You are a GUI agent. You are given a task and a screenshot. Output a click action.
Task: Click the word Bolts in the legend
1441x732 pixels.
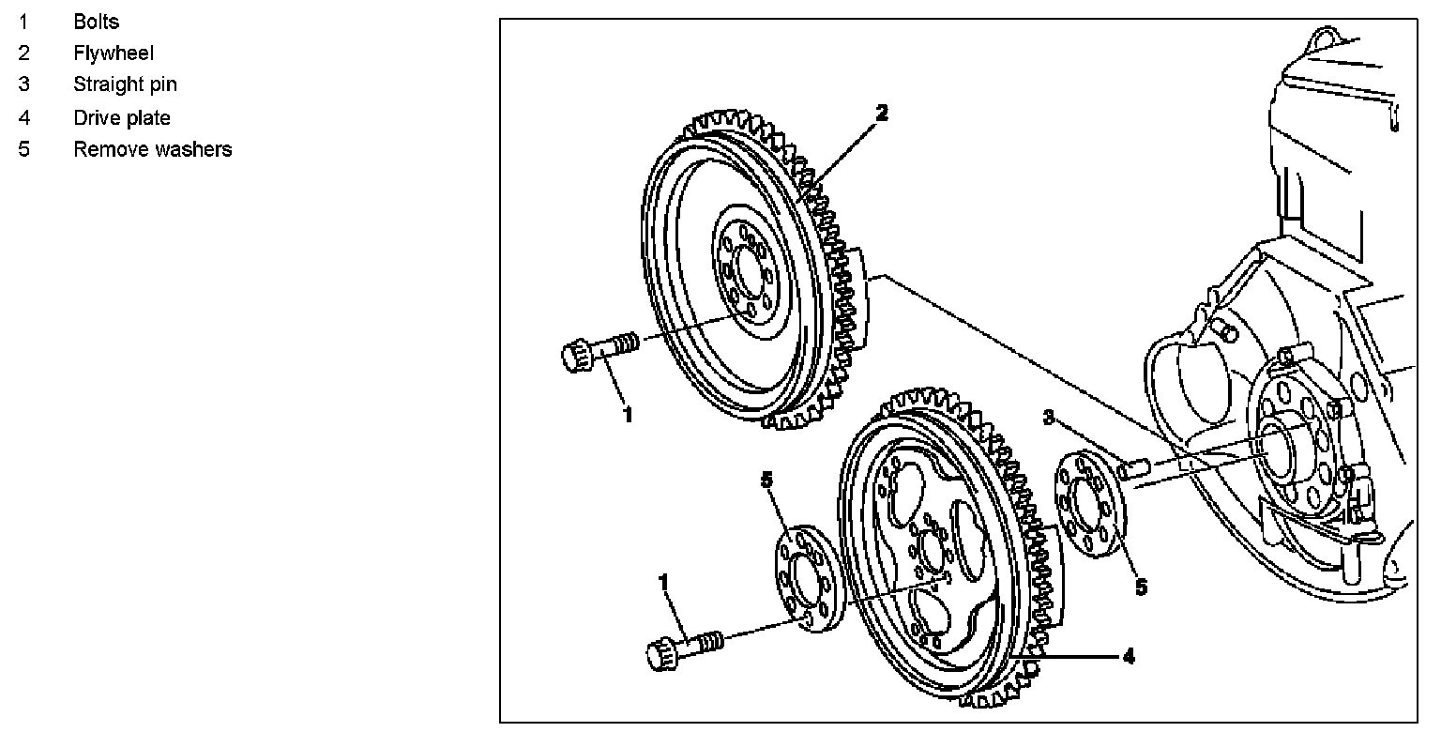pyautogui.click(x=97, y=22)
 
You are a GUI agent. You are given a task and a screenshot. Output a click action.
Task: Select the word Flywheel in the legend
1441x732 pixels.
pyautogui.click(x=114, y=53)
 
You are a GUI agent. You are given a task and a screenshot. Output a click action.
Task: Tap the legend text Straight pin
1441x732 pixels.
pyautogui.click(x=125, y=84)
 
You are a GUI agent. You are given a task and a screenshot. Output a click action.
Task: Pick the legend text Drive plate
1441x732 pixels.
pyautogui.click(x=122, y=118)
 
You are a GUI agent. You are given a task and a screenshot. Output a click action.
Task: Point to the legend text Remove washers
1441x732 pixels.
pyautogui.click(x=153, y=149)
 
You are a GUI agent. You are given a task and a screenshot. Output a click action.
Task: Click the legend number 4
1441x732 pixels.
pyautogui.click(x=23, y=118)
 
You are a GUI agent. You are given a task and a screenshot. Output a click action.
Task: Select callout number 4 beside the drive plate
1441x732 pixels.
pyautogui.click(x=1129, y=657)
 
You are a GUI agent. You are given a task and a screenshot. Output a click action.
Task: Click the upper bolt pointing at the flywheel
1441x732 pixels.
pyautogui.click(x=599, y=350)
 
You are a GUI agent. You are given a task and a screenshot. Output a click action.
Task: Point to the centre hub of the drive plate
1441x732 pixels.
pyautogui.click(x=929, y=547)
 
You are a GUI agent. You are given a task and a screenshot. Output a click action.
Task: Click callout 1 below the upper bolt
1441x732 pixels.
pyautogui.click(x=628, y=415)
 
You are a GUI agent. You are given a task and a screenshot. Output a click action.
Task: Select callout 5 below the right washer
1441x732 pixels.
pyautogui.click(x=1141, y=587)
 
